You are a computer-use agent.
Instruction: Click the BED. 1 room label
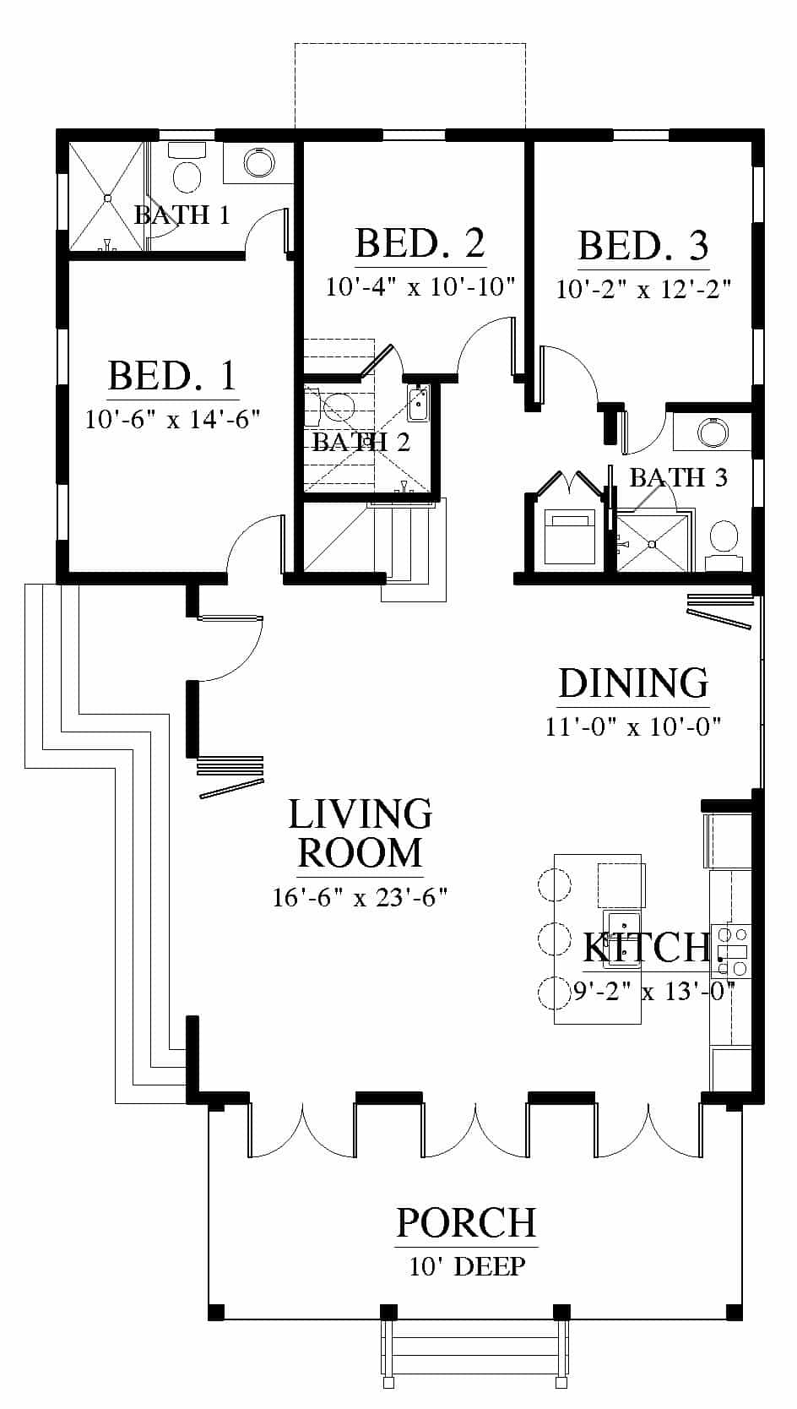click(172, 376)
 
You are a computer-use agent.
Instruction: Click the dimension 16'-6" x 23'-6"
click(360, 897)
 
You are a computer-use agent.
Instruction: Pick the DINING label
click(633, 683)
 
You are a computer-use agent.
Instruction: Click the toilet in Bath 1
click(187, 169)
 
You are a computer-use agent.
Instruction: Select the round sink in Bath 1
click(259, 163)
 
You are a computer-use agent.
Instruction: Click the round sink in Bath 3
click(713, 432)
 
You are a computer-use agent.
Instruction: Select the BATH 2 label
click(361, 442)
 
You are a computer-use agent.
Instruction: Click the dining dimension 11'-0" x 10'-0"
click(632, 726)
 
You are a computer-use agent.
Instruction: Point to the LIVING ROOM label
click(361, 834)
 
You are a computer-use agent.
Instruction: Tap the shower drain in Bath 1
click(107, 198)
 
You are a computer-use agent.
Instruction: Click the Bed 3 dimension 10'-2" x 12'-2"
click(643, 290)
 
